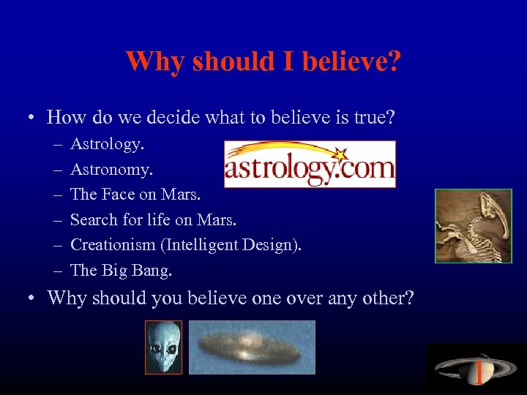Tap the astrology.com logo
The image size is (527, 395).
point(309,165)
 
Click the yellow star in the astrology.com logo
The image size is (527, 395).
point(338,155)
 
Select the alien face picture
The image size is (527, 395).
point(162,347)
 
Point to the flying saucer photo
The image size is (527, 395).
point(252,347)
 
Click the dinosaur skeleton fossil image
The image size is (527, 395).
point(473,226)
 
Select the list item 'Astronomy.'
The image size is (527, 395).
point(111,170)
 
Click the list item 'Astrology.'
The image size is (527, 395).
point(107,144)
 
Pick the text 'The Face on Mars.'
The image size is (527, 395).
point(135,195)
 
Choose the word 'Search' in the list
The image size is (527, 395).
point(93,219)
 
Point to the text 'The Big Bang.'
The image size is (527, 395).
point(121,270)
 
